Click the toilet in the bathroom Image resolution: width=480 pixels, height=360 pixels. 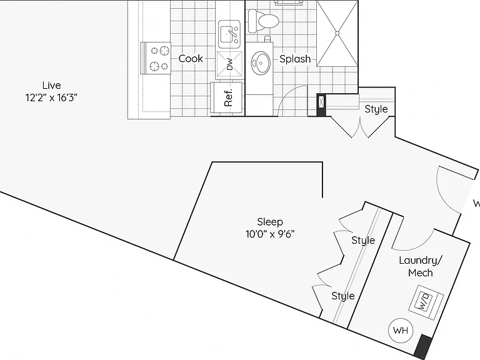click(263, 21)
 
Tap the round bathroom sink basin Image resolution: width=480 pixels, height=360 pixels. click(261, 63)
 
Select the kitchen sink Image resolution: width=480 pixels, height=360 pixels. click(229, 34)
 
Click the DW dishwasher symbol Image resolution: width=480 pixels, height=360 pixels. click(229, 64)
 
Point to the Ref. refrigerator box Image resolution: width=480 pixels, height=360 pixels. click(227, 98)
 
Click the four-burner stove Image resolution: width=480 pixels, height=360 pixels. click(156, 58)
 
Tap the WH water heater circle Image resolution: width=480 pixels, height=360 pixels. click(401, 330)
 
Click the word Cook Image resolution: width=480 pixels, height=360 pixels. click(191, 59)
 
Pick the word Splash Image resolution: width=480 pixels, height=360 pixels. click(295, 59)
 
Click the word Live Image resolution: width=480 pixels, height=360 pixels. click(51, 85)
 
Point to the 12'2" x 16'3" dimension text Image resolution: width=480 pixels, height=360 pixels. click(51, 97)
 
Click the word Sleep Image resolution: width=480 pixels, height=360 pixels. click(270, 222)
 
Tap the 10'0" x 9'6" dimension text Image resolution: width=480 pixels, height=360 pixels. click(270, 234)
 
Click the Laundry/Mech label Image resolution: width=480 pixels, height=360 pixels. click(421, 266)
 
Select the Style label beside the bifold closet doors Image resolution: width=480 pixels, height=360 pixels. click(376, 109)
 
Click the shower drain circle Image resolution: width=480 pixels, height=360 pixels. click(337, 33)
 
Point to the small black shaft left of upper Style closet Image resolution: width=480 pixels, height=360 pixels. click(321, 105)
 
